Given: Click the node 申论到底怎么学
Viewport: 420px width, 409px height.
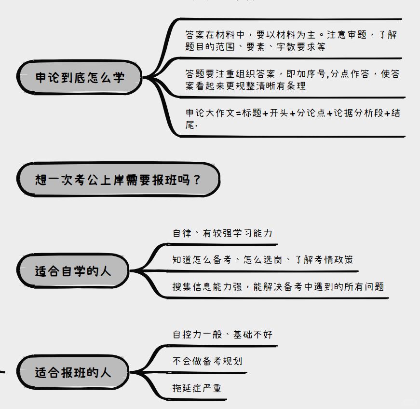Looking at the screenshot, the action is tap(80, 78).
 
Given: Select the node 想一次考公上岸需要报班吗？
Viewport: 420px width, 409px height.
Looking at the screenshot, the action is tap(118, 180).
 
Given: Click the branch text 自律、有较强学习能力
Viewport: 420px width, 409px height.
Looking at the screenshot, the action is tap(222, 233).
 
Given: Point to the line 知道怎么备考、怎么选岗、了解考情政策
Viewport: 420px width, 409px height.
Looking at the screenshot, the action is tap(263, 260).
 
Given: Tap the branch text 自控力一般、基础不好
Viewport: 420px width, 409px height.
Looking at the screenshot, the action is tap(222, 334).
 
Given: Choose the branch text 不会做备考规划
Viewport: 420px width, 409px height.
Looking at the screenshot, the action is tap(207, 361).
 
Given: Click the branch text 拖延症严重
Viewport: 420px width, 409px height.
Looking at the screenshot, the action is tap(197, 388).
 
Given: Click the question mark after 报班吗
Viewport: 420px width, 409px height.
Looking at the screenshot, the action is tap(196, 180).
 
